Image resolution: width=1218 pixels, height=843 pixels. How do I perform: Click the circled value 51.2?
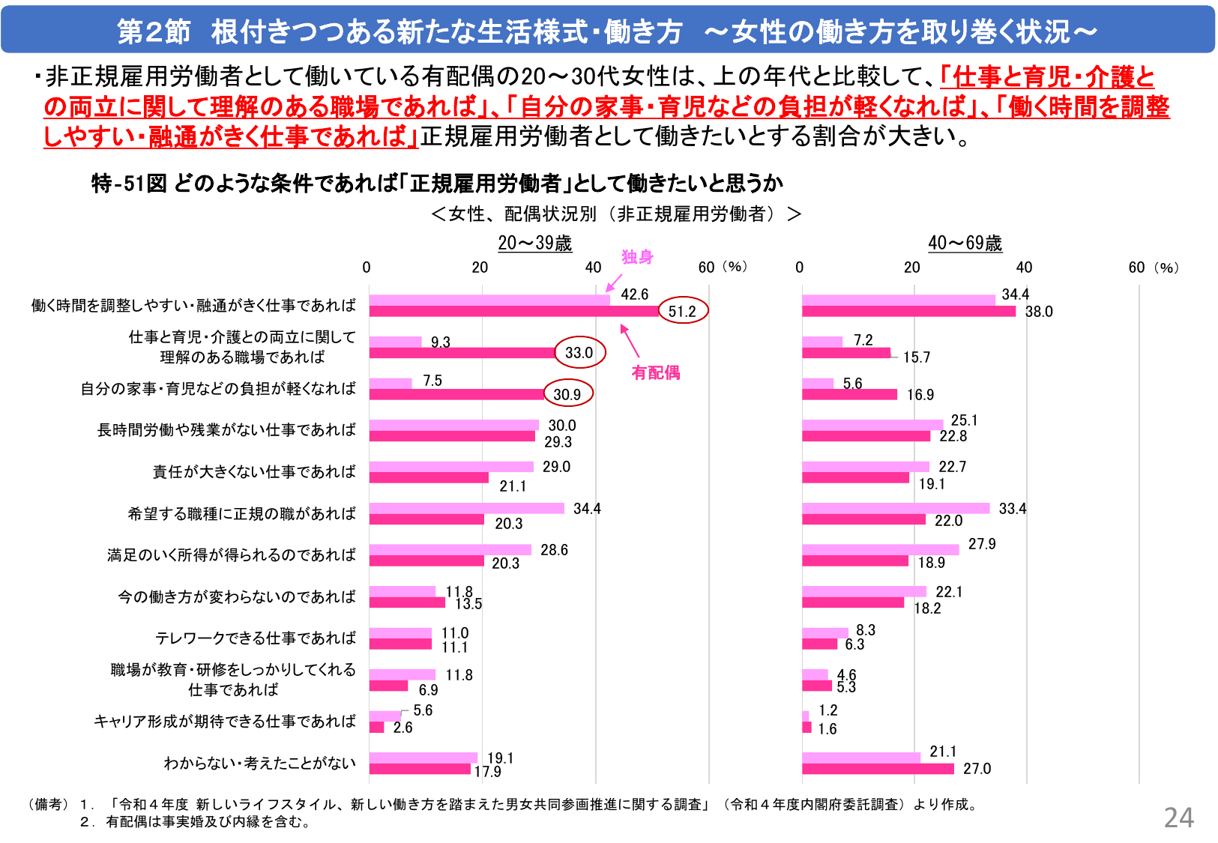(682, 311)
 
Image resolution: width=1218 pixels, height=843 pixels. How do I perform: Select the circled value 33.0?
(579, 352)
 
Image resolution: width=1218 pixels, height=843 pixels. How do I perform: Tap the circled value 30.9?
(567, 394)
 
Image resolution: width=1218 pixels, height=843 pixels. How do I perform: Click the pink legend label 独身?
(637, 257)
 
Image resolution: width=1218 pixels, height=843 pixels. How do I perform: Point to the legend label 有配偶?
(655, 372)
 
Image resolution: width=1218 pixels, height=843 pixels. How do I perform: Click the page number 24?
(1178, 818)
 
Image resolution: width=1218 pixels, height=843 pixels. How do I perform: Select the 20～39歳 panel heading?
(534, 243)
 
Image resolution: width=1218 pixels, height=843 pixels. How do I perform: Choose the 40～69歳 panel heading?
(965, 243)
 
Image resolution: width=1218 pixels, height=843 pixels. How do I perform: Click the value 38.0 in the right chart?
(1039, 312)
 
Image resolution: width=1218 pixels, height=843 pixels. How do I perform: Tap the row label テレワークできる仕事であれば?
(255, 638)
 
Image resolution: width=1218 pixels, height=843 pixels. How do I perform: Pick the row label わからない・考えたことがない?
(259, 763)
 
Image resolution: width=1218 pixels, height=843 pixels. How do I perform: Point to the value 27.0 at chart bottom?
(977, 769)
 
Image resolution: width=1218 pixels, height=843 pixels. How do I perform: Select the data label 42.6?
(634, 294)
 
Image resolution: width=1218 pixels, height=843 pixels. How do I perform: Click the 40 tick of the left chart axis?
(593, 268)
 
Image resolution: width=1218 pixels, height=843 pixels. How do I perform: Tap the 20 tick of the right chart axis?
(911, 268)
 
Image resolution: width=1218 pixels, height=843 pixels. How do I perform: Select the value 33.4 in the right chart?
(1012, 509)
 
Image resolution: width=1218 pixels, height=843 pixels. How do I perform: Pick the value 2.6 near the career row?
(403, 728)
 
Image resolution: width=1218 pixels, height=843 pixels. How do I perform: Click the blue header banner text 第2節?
(154, 31)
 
